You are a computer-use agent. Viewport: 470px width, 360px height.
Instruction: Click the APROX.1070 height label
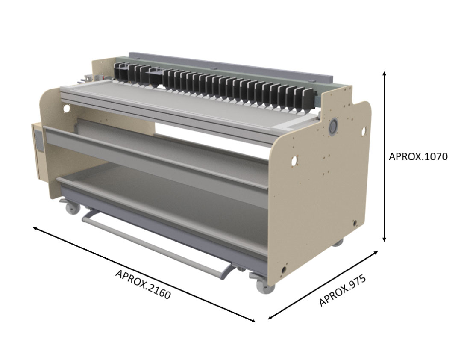coord(418,157)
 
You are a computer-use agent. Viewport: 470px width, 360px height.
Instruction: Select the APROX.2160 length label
coord(143,284)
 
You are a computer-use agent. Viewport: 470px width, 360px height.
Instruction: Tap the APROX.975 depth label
coord(343,291)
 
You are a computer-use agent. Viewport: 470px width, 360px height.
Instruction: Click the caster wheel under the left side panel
coord(71,209)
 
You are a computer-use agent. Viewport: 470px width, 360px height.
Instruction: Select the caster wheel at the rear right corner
coord(338,242)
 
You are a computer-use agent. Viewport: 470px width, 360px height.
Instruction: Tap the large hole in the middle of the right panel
coord(294,161)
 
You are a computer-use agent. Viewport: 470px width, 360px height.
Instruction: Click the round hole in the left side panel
coord(66,109)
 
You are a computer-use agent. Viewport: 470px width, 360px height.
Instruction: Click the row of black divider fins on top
coord(214,86)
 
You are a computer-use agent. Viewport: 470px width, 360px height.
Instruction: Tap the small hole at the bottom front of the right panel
coord(282,270)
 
